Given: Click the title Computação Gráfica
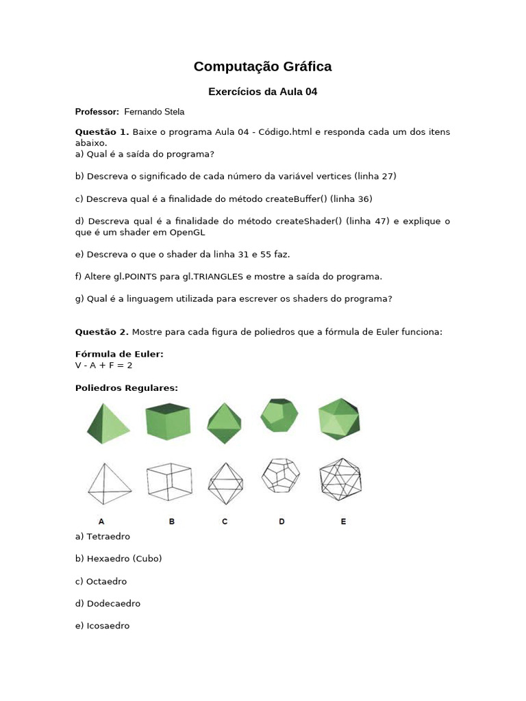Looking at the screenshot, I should tap(262, 66).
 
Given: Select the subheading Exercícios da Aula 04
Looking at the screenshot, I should tap(262, 91).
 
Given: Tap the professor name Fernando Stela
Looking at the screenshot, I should tap(154, 112).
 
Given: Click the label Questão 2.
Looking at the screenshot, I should tap(101, 332).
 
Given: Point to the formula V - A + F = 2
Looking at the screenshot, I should tap(103, 365).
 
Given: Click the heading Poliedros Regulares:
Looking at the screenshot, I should tap(126, 387).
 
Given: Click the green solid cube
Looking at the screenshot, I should tap(168, 420).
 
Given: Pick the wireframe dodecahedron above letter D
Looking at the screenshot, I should tap(281, 475).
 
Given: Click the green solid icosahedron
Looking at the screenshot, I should tap(339, 418).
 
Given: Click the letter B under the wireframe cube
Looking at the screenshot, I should tap(172, 521).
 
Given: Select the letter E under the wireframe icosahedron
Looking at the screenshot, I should tap(343, 521).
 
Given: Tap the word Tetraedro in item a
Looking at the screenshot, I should tap(108, 536).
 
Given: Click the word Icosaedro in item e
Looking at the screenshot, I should tap(108, 626).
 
